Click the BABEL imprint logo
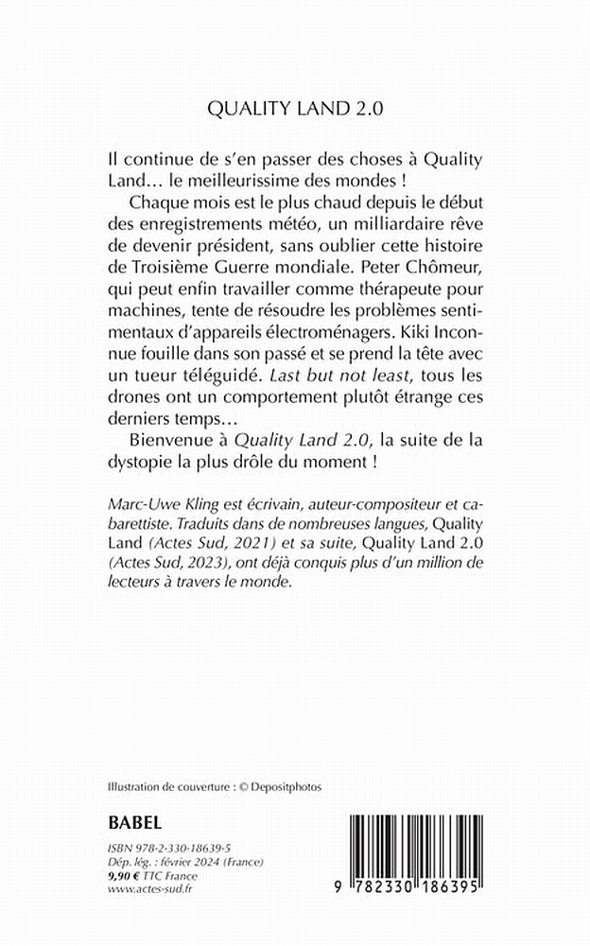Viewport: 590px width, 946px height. [x=136, y=819]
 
